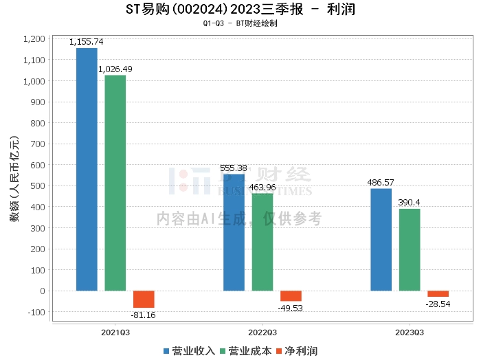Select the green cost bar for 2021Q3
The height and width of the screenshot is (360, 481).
coord(115,183)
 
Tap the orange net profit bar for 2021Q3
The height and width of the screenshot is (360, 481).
coord(144,299)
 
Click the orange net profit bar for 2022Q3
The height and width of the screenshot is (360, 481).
coord(291,296)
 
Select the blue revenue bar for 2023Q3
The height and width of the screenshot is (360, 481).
coord(381,239)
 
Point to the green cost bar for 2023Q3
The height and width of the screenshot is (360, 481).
coord(410,249)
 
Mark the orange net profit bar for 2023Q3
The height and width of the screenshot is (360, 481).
coord(438,293)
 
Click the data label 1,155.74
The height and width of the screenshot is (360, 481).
coord(87,42)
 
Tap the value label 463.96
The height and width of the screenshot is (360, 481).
coord(262,187)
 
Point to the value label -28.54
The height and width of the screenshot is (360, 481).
coord(438,303)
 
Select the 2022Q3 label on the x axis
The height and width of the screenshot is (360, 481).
coord(262,330)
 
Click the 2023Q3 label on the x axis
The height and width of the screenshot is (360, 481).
coord(410,330)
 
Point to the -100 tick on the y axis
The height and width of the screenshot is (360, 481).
coord(34,312)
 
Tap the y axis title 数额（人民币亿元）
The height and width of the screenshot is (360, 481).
coord(13,179)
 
